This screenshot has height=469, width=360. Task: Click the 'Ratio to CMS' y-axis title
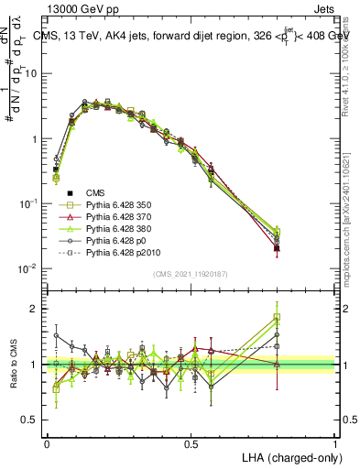coord(13,365)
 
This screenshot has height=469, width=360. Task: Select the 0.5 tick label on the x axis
coord(191,443)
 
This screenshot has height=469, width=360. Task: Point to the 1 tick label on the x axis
coord(335,443)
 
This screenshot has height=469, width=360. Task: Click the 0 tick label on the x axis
coord(47,443)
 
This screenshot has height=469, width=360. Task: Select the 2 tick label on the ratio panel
coord(35,310)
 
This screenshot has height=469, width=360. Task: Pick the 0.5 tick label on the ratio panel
coord(30,420)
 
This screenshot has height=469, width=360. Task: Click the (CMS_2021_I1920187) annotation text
coord(191,274)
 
